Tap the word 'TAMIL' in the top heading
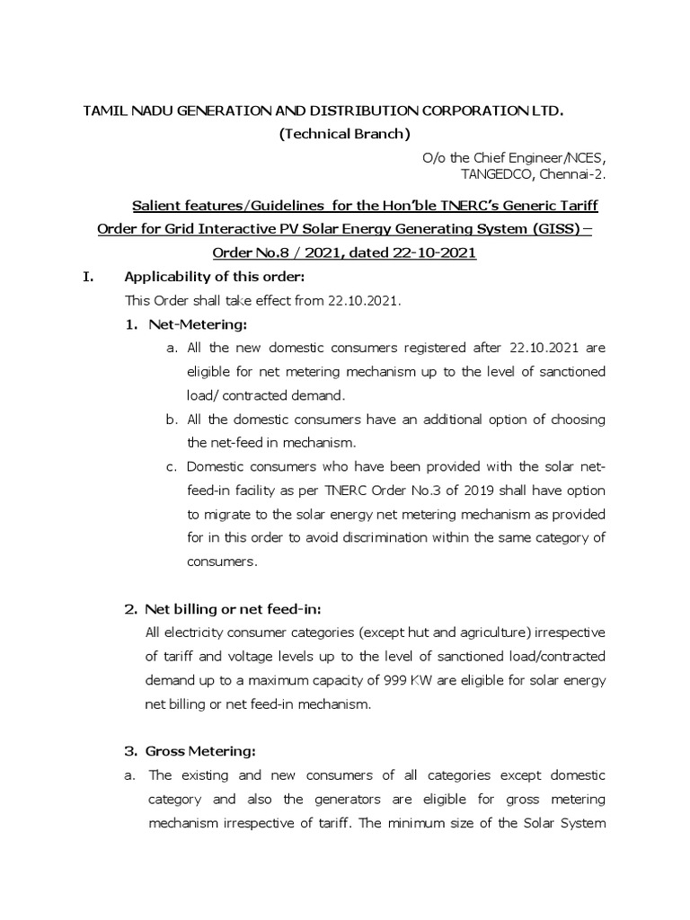point(104,111)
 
